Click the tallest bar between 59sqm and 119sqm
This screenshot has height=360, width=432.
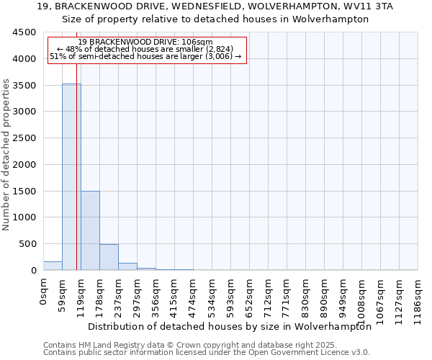click(x=71, y=176)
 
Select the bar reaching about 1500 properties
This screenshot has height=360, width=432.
click(x=90, y=230)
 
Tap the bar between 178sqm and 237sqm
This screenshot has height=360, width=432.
click(x=109, y=257)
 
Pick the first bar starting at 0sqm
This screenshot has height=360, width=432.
click(x=53, y=266)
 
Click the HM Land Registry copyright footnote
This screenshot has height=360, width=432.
click(x=186, y=345)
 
